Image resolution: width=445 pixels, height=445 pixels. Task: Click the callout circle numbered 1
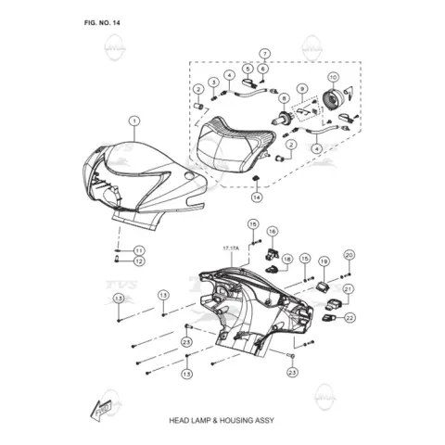point(134,121)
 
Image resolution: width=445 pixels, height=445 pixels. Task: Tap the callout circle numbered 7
point(265,54)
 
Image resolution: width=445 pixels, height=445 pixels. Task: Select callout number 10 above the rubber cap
point(333,77)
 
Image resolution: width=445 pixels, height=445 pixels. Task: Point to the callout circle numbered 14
point(257,197)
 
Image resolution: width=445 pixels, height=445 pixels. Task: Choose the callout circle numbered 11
point(139,250)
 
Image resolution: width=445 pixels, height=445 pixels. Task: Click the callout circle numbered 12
point(139,261)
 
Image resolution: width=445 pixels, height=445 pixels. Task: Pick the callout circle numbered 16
point(273,231)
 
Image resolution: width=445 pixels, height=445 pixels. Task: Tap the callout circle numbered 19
point(324,261)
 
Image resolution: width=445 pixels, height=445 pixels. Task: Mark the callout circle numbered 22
point(350,318)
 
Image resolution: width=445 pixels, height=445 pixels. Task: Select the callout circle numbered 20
point(349,255)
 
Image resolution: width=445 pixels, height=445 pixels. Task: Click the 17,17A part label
point(231,248)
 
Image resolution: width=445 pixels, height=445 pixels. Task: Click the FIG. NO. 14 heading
point(102,23)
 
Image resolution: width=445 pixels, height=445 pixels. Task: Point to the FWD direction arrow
point(101,410)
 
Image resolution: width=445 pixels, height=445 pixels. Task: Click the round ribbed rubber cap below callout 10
point(331,99)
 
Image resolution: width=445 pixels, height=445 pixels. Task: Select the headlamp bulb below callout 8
point(281,120)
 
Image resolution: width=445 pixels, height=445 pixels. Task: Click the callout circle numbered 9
point(302,89)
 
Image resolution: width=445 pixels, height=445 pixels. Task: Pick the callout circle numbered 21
point(349,289)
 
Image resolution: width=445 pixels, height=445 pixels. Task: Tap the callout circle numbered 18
point(287,259)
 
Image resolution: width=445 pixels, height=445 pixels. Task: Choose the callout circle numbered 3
point(213,83)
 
